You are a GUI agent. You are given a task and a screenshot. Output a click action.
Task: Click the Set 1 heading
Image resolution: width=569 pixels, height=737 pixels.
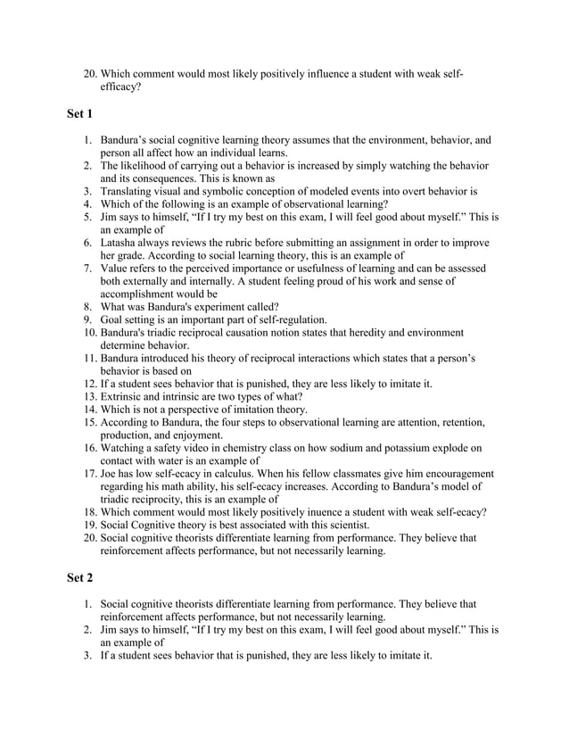click(x=80, y=114)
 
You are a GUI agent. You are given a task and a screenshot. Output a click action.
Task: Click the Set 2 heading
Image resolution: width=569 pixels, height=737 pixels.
click(x=80, y=577)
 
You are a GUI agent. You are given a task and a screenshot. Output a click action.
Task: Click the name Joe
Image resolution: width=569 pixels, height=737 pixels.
click(x=111, y=474)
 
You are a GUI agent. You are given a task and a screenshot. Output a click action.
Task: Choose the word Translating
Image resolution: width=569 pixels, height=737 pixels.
click(x=131, y=191)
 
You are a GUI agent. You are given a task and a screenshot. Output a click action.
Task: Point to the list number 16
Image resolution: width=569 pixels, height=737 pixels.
click(x=89, y=448)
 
